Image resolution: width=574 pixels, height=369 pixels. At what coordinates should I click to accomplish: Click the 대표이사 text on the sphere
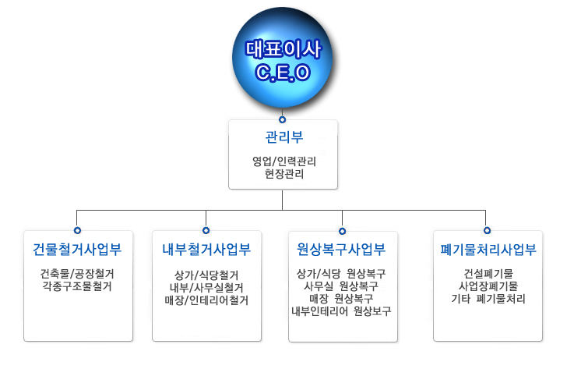(x=283, y=49)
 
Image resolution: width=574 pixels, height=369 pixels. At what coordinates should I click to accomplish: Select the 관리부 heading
(x=283, y=137)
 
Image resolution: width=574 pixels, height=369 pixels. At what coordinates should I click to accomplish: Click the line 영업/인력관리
(x=283, y=162)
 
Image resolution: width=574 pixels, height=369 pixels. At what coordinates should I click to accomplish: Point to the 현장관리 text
(x=283, y=175)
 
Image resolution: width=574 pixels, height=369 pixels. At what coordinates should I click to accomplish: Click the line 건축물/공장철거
(x=77, y=274)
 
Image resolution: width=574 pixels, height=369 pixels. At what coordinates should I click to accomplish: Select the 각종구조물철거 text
(x=77, y=286)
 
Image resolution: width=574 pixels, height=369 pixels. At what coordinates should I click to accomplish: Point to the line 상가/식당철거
(x=206, y=275)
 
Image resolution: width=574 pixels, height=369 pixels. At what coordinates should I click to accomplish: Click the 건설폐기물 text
(x=488, y=274)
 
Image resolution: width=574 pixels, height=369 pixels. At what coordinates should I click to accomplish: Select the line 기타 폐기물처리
(x=488, y=299)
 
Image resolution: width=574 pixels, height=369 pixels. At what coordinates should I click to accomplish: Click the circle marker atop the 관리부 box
(x=283, y=119)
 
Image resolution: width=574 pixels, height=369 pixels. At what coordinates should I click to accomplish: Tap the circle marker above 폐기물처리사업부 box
(x=487, y=231)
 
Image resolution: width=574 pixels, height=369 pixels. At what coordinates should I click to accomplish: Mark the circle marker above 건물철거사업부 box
(x=77, y=231)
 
